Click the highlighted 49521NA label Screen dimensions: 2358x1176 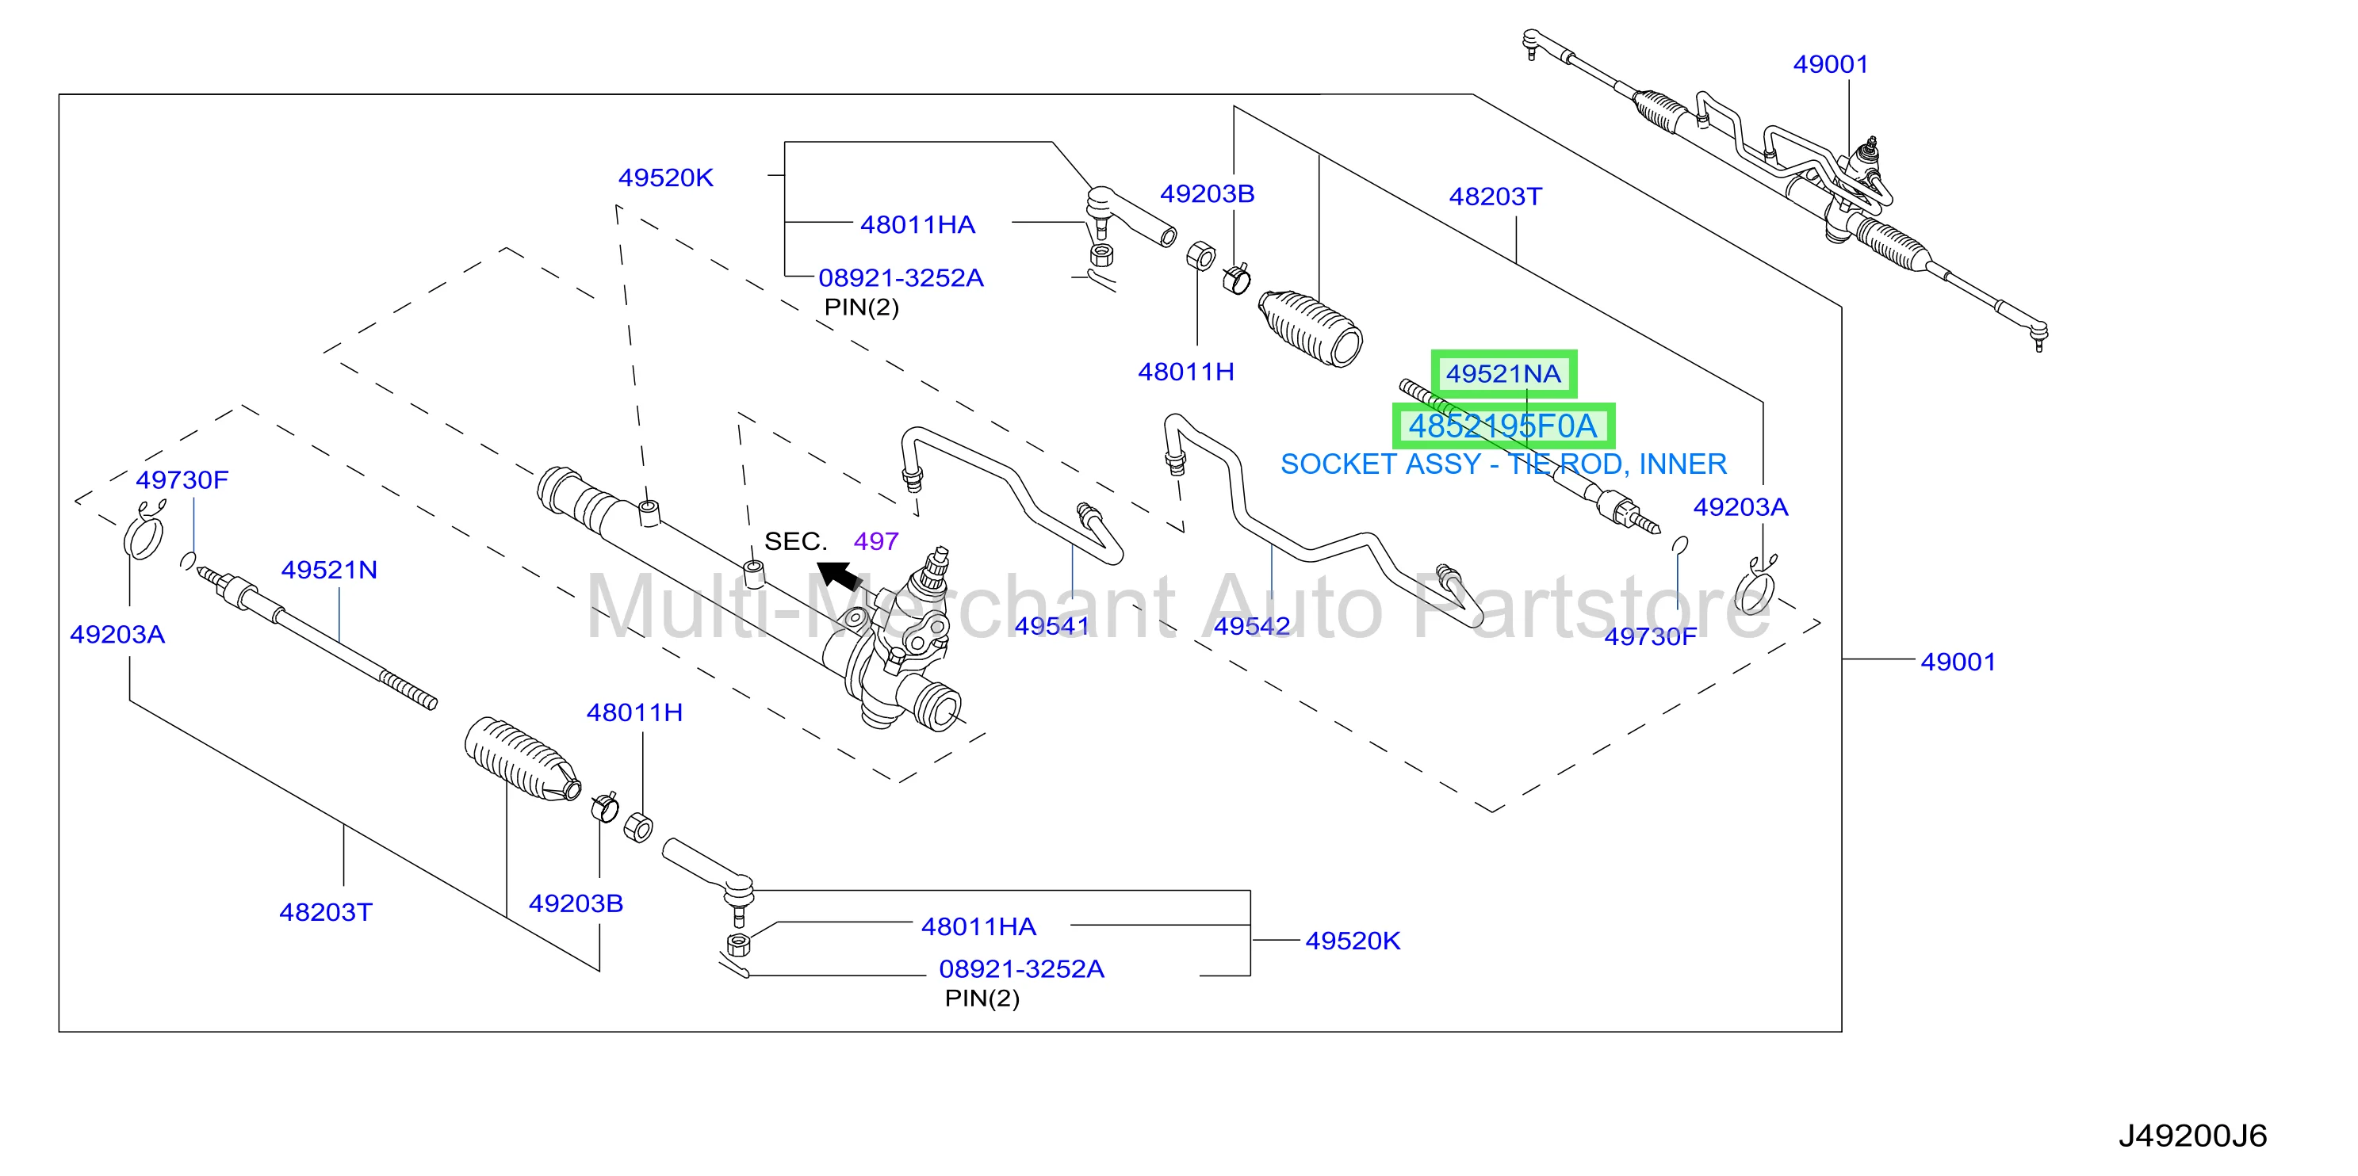(x=1503, y=373)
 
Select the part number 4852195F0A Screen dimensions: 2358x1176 (x=1502, y=426)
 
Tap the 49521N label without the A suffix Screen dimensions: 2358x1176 (x=330, y=569)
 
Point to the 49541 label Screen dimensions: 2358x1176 (x=1052, y=626)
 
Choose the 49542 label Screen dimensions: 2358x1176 (x=1251, y=626)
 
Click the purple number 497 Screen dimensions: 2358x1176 (x=876, y=541)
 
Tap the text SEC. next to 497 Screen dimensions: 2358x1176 (x=795, y=541)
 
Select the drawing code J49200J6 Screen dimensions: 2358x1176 (x=2192, y=1136)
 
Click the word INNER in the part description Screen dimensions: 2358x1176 (x=1682, y=464)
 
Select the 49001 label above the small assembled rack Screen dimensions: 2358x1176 (x=1831, y=64)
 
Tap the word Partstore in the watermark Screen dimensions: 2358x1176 (x=1592, y=608)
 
